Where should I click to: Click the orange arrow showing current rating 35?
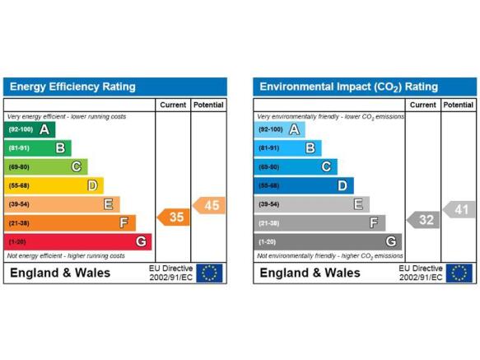[x=174, y=217]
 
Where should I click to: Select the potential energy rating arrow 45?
[x=209, y=205]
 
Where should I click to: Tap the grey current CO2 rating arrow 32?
[x=423, y=220]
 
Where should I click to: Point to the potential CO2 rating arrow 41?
[x=459, y=209]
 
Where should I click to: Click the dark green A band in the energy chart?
[x=30, y=129]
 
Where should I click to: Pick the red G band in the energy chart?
[x=77, y=241]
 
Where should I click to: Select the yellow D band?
[x=54, y=185]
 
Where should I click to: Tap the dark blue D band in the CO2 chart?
[x=304, y=185]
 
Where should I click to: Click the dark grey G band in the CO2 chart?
[x=328, y=241]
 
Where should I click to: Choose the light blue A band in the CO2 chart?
[x=279, y=129]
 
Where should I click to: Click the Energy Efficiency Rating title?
[x=72, y=86]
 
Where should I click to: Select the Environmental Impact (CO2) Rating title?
[x=348, y=87]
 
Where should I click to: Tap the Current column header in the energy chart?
[x=173, y=105]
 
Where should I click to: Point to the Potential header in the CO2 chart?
[x=459, y=105]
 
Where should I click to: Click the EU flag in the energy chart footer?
[x=209, y=273]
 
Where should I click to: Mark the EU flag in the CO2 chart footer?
[x=459, y=273]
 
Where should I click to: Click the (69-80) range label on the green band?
[x=19, y=167]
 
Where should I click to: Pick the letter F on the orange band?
[x=123, y=222]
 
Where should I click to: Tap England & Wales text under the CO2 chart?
[x=310, y=273]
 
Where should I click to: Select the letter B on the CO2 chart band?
[x=310, y=148]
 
